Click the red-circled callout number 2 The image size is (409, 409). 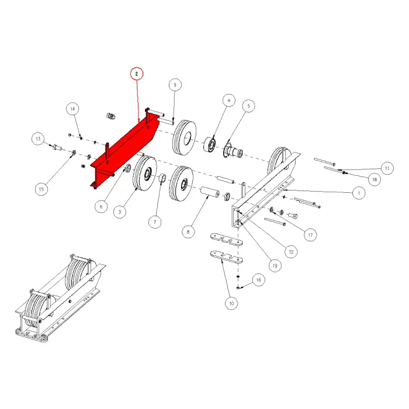pos(136,74)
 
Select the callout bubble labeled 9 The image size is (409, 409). pos(174,85)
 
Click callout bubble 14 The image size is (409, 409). pos(72,109)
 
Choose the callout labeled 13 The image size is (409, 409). pos(38,139)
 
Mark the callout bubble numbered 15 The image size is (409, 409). pos(41,189)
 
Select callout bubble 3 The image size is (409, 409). pos(119,212)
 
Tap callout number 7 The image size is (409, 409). pos(155,223)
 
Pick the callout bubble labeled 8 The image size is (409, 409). pos(188,232)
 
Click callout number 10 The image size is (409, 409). pos(231,303)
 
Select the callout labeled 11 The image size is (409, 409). pos(386,168)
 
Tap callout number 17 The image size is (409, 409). pos(310,234)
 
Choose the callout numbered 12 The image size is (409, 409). pos(290,251)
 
